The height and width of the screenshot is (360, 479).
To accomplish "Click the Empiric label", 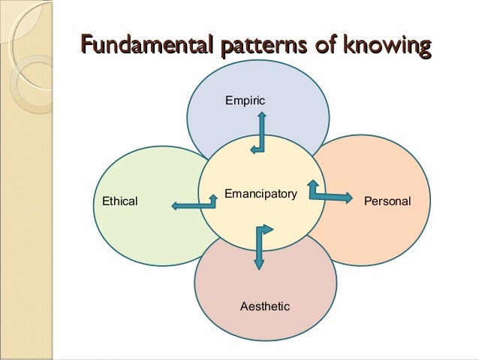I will point(246,99).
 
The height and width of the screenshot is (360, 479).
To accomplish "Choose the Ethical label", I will point(119,201).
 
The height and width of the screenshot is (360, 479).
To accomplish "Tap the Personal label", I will point(387,201).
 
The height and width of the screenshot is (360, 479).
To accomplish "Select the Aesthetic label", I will point(264,307).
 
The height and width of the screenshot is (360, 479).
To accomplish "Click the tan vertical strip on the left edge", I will point(26,225).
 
